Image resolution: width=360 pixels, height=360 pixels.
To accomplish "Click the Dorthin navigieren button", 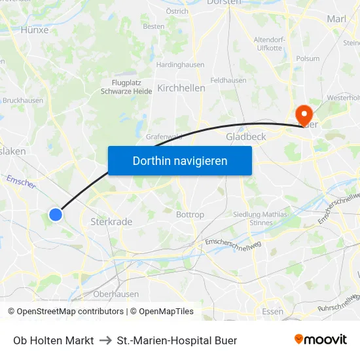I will (180, 160).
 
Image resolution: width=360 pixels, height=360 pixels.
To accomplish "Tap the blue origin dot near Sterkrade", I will (56, 214).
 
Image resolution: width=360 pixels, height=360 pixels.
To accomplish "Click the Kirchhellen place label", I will (181, 88).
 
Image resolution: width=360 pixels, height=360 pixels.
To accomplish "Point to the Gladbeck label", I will (245, 137).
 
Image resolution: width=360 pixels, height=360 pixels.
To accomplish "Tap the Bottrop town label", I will (190, 215).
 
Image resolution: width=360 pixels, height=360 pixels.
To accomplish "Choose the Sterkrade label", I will (111, 222).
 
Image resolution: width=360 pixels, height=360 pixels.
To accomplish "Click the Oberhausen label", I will (116, 295).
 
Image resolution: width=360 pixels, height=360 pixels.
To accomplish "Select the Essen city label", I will (272, 311).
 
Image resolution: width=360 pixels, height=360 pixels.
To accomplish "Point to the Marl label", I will (336, 19).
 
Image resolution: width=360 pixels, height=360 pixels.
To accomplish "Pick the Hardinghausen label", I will (181, 65).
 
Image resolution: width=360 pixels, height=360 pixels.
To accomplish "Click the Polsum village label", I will (308, 58).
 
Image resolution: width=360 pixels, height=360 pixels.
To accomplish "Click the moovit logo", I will (320, 339).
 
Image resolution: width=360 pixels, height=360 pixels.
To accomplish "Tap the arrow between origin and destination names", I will (105, 340).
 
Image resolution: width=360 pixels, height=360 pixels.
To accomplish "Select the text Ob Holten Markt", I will (53, 340).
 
